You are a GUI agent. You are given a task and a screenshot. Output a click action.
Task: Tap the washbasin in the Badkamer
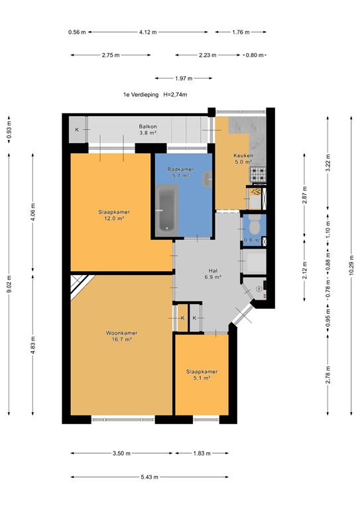click(x=209, y=178)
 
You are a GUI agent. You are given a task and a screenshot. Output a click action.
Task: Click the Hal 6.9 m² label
click(x=213, y=274)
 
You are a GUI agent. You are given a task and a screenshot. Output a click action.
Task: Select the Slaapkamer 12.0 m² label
click(x=111, y=215)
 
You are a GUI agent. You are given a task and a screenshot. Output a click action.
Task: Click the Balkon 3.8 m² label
click(x=147, y=129)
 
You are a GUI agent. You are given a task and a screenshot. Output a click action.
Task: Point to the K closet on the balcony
click(x=77, y=129)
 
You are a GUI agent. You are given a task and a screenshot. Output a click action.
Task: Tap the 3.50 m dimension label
click(x=120, y=453)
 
